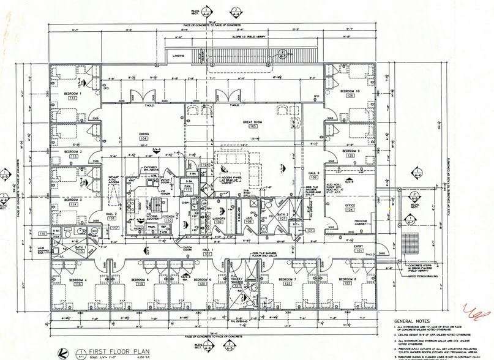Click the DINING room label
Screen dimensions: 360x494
pyautogui.click(x=144, y=133)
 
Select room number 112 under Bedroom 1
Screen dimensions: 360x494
pyautogui.click(x=72, y=97)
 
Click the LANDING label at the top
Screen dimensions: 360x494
pyautogui.click(x=179, y=56)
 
